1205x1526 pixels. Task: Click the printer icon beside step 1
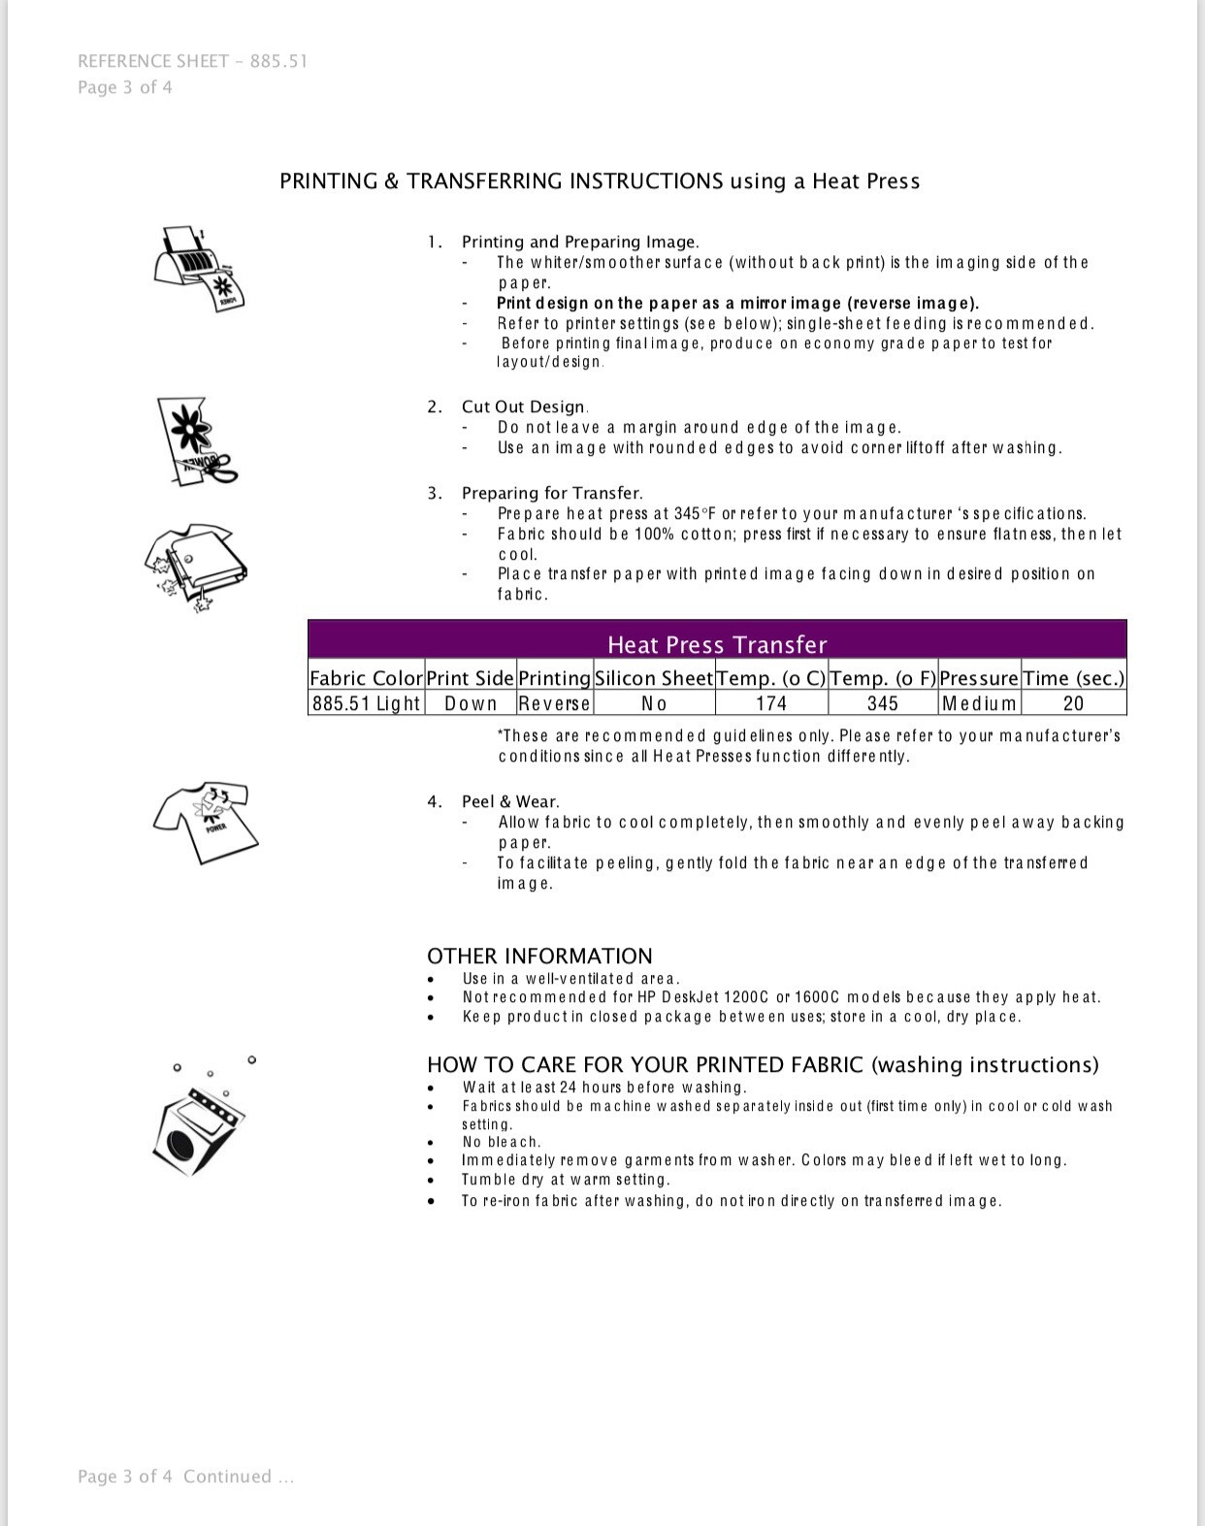click(x=200, y=268)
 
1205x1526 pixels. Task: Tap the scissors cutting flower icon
click(x=197, y=441)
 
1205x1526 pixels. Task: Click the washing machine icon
click(x=200, y=1125)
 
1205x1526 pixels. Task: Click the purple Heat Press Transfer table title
click(x=717, y=644)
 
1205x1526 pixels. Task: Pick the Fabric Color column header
click(x=366, y=678)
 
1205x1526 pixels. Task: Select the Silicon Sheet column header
click(x=654, y=678)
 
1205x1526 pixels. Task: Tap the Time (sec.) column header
click(x=1073, y=678)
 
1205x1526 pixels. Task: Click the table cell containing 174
click(x=770, y=703)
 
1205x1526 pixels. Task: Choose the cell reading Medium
click(x=979, y=703)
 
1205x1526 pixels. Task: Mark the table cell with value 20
click(x=1073, y=703)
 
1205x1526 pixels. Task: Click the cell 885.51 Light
click(x=366, y=703)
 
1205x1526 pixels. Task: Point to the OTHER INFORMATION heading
click(x=539, y=956)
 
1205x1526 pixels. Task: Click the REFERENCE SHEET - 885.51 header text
click(x=192, y=61)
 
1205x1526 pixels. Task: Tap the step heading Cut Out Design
click(x=524, y=406)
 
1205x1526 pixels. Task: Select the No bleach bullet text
click(x=502, y=1142)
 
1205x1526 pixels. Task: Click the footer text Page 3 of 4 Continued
click(x=185, y=1477)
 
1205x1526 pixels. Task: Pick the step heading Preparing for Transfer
click(x=551, y=493)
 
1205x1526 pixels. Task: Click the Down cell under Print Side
click(x=471, y=703)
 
